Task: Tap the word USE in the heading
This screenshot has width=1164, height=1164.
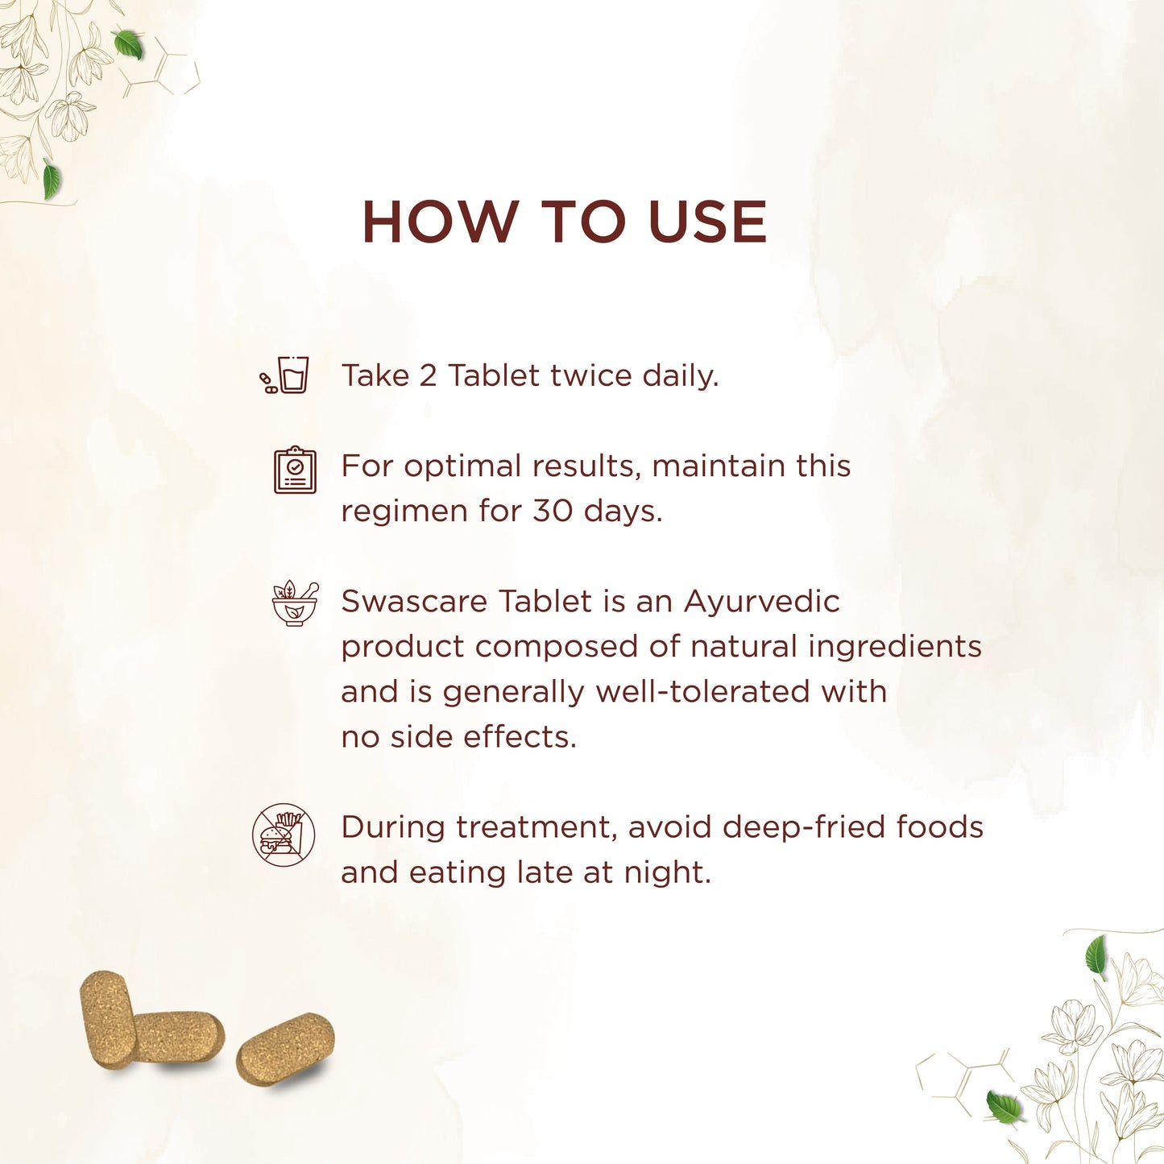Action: tap(707, 222)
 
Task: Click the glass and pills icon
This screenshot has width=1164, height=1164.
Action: tap(284, 375)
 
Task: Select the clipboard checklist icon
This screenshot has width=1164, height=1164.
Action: tap(295, 470)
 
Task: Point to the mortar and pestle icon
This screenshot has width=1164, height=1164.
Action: tap(296, 603)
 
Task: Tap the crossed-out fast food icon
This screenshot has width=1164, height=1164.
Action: tap(284, 835)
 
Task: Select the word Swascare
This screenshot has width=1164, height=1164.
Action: tap(414, 602)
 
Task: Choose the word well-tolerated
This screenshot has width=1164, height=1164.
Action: tap(702, 692)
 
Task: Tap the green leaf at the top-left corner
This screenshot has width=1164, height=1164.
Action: tap(129, 44)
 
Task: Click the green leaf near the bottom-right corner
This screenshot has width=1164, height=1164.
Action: tap(1004, 1106)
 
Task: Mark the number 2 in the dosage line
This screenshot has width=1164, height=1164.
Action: tap(427, 375)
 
